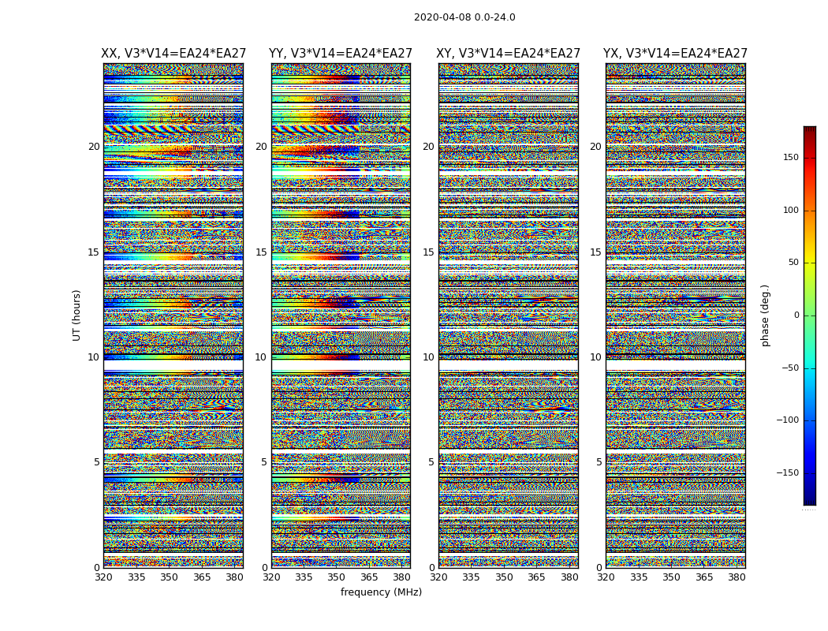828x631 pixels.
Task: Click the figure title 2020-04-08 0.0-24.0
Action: (x=464, y=17)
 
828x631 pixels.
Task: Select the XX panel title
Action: (x=173, y=54)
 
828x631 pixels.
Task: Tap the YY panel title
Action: (x=341, y=54)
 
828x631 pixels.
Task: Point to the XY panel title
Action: (x=509, y=54)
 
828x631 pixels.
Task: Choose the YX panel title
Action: (x=675, y=54)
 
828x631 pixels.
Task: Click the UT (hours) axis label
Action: (x=77, y=315)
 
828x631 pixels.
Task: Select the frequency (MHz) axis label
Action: (x=381, y=592)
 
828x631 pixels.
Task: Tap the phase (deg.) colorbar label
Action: (x=765, y=315)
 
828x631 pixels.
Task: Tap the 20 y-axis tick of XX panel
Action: (x=94, y=147)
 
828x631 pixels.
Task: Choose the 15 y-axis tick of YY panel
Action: (x=261, y=252)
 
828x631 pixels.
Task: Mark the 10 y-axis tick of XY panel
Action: (x=428, y=357)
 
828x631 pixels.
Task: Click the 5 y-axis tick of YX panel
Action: (x=599, y=462)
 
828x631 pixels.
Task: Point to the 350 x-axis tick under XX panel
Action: (x=169, y=577)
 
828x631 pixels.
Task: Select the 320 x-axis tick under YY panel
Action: (x=271, y=577)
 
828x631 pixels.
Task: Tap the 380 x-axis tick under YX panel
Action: (x=737, y=577)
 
